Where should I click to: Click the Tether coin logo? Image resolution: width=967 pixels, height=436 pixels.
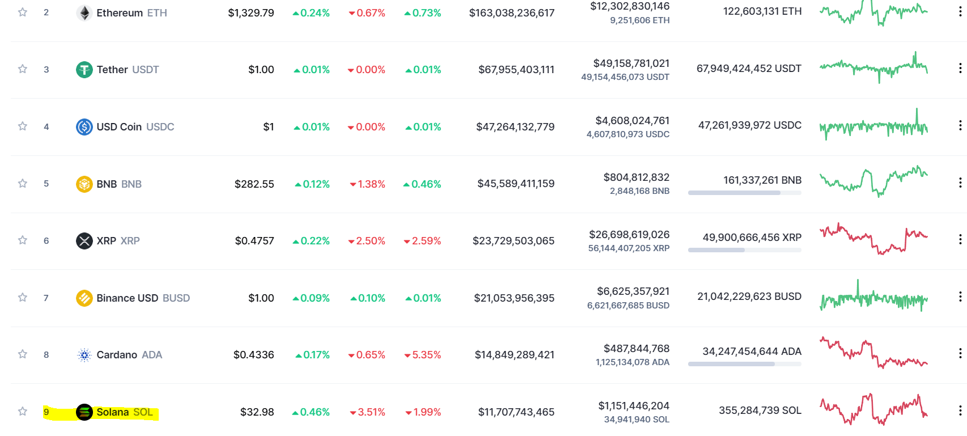click(84, 70)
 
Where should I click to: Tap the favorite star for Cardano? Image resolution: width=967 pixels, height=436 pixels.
click(23, 354)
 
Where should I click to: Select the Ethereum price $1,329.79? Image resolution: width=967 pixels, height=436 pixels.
click(251, 13)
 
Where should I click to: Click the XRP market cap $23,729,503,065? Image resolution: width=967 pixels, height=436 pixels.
click(513, 241)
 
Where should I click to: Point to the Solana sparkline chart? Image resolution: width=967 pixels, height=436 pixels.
click(873, 410)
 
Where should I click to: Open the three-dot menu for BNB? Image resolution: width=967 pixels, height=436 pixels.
click(960, 183)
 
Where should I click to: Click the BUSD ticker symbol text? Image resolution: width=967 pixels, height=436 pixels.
click(176, 298)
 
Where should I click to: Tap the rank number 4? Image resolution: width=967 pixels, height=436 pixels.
click(46, 126)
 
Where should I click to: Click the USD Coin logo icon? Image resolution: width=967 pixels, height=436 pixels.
click(84, 126)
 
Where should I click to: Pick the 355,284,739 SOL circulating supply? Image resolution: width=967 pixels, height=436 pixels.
click(760, 410)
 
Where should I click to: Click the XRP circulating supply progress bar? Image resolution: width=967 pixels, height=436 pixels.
click(744, 250)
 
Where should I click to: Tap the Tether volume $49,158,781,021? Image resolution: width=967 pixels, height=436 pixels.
click(631, 64)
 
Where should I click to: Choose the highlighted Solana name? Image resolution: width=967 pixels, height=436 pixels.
click(113, 412)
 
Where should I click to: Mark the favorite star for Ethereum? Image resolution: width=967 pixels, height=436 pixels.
click(23, 12)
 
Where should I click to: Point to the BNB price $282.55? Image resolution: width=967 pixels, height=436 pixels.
click(254, 184)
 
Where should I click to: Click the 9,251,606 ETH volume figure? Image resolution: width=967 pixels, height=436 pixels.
click(639, 20)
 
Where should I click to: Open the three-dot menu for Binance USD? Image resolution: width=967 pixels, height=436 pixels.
click(960, 297)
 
